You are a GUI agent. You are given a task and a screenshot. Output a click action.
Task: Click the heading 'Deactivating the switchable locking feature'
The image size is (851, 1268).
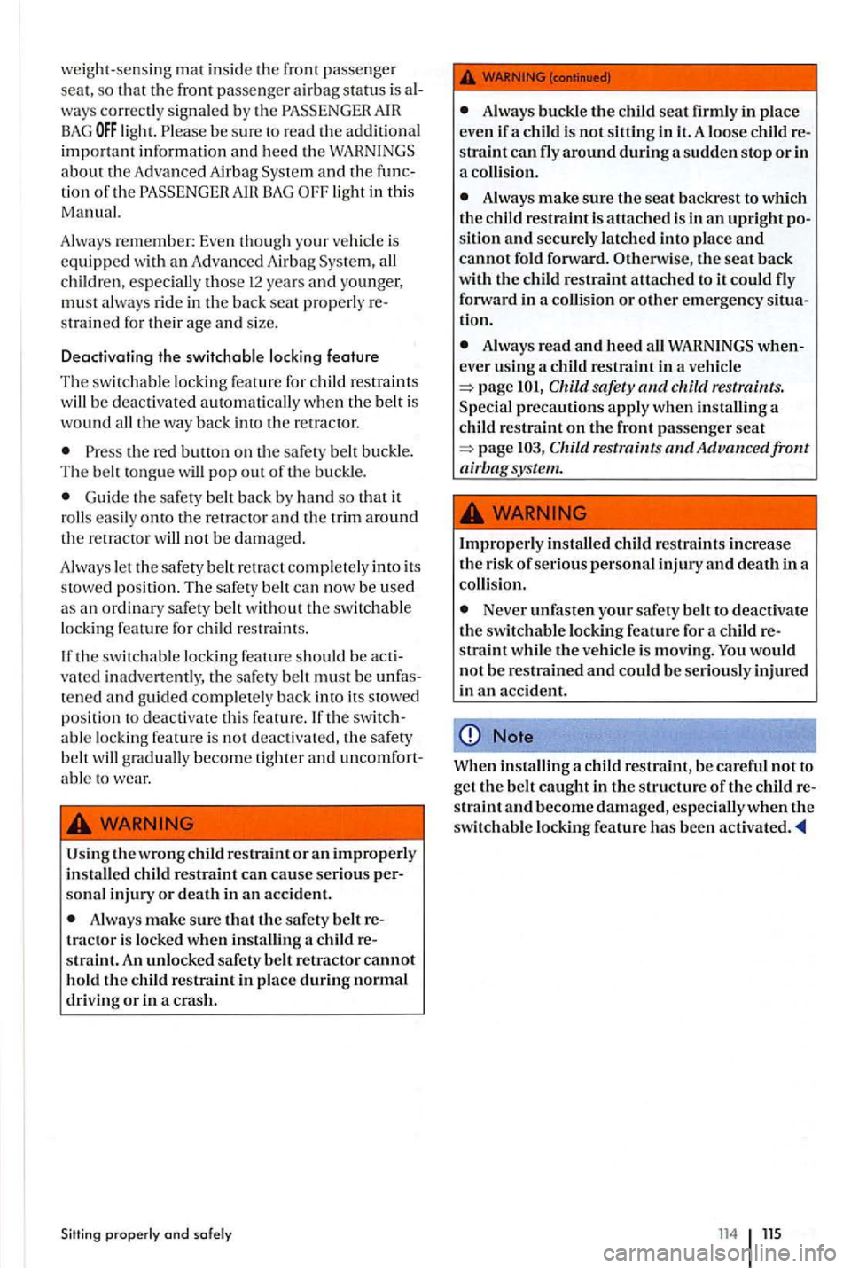tap(219, 356)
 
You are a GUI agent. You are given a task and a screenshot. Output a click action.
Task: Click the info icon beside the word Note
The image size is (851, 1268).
tap(471, 736)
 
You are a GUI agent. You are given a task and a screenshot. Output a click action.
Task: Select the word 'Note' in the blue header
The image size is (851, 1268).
tap(512, 736)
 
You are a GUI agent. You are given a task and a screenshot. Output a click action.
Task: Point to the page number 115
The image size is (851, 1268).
tap(772, 1233)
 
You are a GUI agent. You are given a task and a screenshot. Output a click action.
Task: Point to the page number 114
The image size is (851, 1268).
tap(728, 1233)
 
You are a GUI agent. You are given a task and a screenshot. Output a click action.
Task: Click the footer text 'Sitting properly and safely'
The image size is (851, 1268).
tap(146, 1233)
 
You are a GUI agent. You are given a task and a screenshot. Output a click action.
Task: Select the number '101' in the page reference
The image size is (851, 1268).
tap(528, 387)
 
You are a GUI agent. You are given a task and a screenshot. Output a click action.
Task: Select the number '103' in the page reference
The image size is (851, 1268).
tap(529, 448)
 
